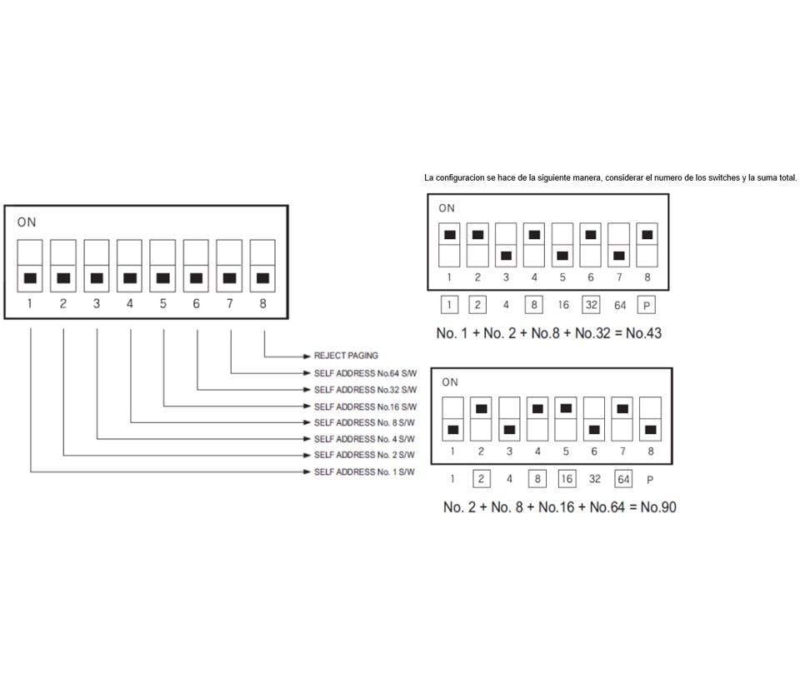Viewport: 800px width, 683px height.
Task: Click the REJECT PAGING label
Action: pyautogui.click(x=345, y=356)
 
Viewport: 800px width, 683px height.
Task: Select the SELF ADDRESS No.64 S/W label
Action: pyautogui.click(x=363, y=372)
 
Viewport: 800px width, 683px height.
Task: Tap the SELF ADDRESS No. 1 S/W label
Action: pyautogui.click(x=363, y=472)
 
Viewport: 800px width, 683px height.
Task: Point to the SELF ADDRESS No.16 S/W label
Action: pyautogui.click(x=363, y=406)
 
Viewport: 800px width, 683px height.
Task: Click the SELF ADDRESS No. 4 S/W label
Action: pyautogui.click(x=363, y=439)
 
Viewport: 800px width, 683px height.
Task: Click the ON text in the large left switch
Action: pyautogui.click(x=26, y=222)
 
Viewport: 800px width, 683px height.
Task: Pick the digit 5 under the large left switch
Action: pyautogui.click(x=162, y=304)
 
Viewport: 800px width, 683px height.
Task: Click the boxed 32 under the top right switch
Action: pyautogui.click(x=591, y=305)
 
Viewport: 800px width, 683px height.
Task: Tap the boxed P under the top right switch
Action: pyautogui.click(x=647, y=305)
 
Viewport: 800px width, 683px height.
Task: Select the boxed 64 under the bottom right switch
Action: pyautogui.click(x=622, y=479)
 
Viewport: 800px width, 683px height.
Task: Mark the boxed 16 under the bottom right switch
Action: pyautogui.click(x=566, y=479)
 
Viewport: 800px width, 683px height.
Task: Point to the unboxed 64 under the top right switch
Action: pyautogui.click(x=620, y=306)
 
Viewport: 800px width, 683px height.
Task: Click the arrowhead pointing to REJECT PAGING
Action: pyautogui.click(x=307, y=356)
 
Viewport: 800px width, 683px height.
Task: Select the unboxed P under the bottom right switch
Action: pyautogui.click(x=650, y=480)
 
